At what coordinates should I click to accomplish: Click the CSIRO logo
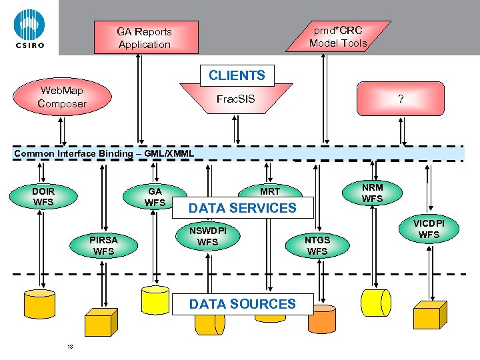[x=29, y=28]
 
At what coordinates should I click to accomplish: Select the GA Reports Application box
[x=144, y=38]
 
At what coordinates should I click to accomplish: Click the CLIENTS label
[x=237, y=75]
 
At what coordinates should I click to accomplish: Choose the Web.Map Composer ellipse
[x=62, y=97]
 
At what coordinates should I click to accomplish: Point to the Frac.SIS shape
[x=235, y=99]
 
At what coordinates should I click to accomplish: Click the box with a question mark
[x=400, y=99]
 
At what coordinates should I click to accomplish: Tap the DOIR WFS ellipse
[x=43, y=197]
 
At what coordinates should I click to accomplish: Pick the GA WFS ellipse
[x=155, y=197]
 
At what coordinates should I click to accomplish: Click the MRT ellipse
[x=270, y=191]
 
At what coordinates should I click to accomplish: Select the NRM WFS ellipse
[x=372, y=193]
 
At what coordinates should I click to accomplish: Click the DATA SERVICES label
[x=242, y=208]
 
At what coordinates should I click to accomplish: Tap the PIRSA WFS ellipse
[x=103, y=245]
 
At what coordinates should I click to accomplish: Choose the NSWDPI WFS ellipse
[x=208, y=236]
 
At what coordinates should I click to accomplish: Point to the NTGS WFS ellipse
[x=317, y=245]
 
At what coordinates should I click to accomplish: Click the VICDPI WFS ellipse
[x=428, y=229]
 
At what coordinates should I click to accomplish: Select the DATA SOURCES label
[x=242, y=304]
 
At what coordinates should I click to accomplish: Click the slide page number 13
[x=69, y=346]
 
